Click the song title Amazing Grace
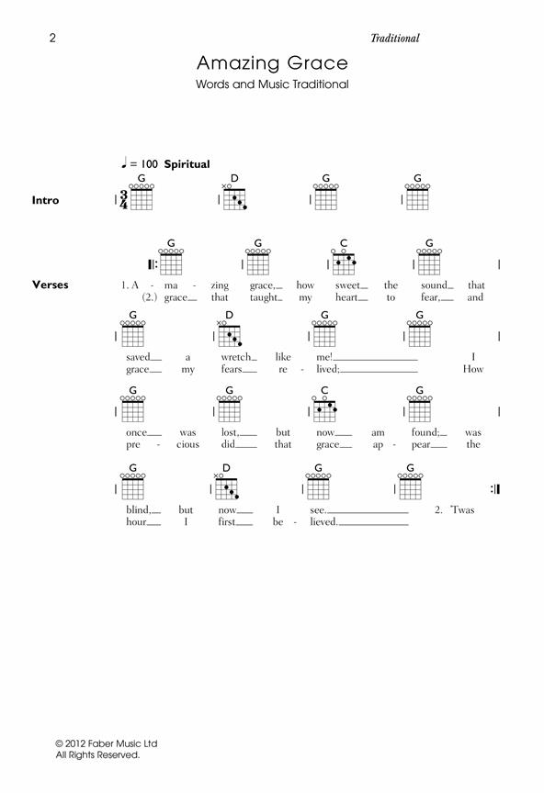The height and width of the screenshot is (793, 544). [272, 62]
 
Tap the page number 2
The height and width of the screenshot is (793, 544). [52, 38]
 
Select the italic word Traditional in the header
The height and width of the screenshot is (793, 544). [394, 38]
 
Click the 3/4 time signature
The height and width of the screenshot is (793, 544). [123, 200]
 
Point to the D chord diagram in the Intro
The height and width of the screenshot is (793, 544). [234, 195]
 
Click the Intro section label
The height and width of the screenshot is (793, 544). [45, 200]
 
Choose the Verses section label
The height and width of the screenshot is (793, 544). [51, 285]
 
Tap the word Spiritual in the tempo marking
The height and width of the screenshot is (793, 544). [187, 164]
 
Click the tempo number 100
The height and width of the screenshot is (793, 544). [149, 164]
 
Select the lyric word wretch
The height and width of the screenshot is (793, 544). [236, 357]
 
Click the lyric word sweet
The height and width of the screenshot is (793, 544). [347, 285]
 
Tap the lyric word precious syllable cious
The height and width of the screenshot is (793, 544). [187, 444]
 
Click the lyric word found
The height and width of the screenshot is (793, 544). [425, 432]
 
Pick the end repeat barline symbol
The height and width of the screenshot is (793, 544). [495, 489]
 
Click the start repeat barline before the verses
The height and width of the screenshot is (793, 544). [153, 264]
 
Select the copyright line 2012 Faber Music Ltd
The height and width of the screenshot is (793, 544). [107, 743]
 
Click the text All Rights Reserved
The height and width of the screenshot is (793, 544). [97, 755]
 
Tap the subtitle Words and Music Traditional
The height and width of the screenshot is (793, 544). [272, 84]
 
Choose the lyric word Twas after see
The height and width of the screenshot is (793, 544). [462, 509]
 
